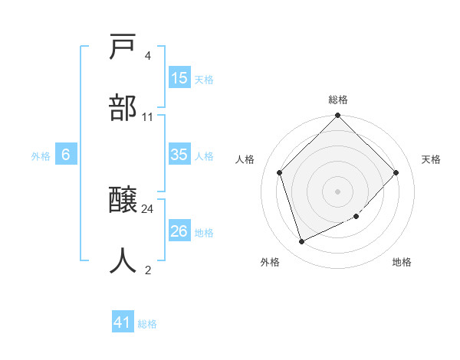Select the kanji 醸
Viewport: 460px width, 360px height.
tap(123, 201)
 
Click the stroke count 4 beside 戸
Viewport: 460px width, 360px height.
tap(147, 56)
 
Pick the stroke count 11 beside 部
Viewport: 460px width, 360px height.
tap(148, 117)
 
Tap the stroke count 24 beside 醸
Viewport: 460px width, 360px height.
tap(148, 208)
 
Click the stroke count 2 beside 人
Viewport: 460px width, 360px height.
tap(147, 270)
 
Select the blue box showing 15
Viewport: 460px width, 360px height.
tap(179, 78)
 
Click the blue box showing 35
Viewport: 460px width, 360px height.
tap(179, 155)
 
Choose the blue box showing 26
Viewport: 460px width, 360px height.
tap(179, 231)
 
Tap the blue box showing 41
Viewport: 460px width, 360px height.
tap(123, 323)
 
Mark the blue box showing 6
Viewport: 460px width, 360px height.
tap(66, 155)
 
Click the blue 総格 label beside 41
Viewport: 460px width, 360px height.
tap(147, 324)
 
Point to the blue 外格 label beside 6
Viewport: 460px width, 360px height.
tap(41, 155)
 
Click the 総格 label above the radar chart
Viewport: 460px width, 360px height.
tap(338, 100)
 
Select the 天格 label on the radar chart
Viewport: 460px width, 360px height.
tap(431, 159)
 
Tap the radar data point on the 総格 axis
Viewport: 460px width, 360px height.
tap(337, 116)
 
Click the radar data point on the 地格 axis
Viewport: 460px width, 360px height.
tap(356, 217)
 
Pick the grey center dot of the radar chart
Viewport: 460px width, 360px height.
tap(337, 191)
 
